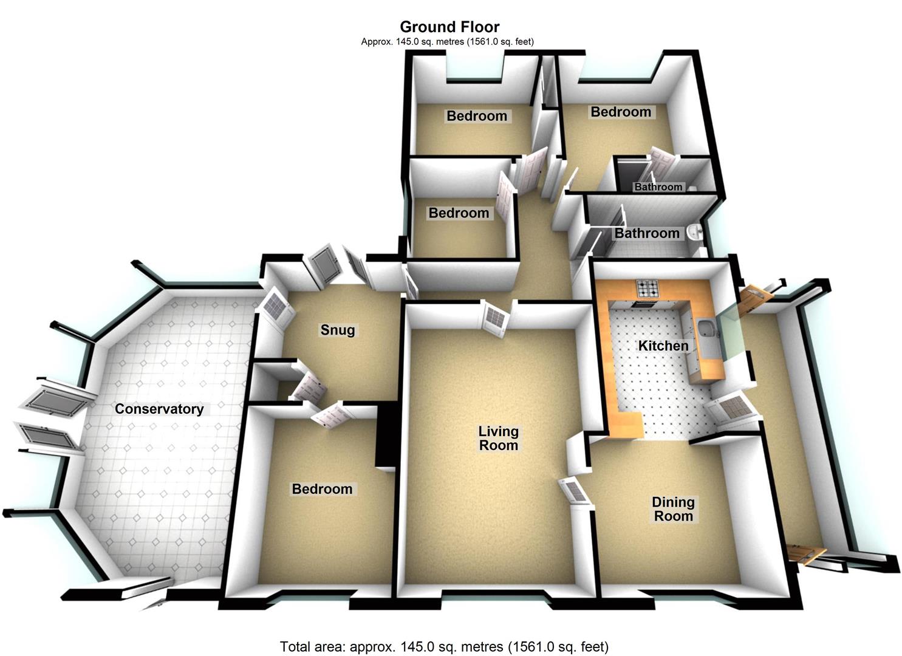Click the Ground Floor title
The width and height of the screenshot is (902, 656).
[x=449, y=27]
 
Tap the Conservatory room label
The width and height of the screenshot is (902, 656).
[x=159, y=409]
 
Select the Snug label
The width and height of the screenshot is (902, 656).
[x=338, y=330]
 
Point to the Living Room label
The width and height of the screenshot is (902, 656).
[x=498, y=438]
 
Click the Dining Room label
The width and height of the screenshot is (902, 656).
[x=672, y=509]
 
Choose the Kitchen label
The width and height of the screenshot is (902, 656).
[x=663, y=346]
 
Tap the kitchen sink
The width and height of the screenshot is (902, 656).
[x=706, y=329]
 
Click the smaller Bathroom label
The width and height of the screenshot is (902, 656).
[x=658, y=187]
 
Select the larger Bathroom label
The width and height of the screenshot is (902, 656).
[x=647, y=233]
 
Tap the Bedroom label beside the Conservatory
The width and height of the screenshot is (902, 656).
[x=322, y=489]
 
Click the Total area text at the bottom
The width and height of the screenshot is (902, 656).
[x=444, y=646]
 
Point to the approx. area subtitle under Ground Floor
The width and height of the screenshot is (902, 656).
[x=447, y=42]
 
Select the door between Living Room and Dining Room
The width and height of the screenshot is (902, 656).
[x=576, y=490]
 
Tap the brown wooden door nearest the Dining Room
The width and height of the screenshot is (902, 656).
[x=805, y=554]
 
